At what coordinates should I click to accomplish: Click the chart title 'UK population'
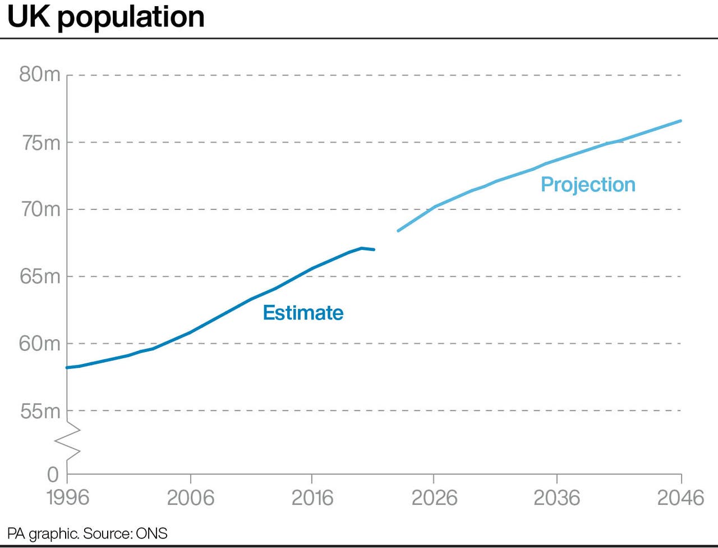coord(106,17)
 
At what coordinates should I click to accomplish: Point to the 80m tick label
coord(40,74)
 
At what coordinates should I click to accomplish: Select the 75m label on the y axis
coord(40,143)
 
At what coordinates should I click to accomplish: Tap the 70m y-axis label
coord(40,209)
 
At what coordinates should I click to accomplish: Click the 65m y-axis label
coord(40,276)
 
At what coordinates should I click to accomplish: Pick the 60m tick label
coord(40,343)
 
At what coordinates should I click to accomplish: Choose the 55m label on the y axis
coord(40,411)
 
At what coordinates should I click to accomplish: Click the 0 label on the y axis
coord(53,474)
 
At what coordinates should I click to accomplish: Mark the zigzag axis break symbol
coord(67,441)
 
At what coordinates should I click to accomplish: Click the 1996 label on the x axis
coord(68,497)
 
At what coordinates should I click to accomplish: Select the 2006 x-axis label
coord(191,497)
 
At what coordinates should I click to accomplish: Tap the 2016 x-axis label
coord(312,497)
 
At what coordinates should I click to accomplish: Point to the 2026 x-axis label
coord(434,497)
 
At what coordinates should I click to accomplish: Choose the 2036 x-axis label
coord(556,497)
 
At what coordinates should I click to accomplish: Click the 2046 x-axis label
coord(680,497)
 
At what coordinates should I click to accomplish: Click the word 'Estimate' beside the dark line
coord(303,313)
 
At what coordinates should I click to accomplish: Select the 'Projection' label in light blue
coord(588,185)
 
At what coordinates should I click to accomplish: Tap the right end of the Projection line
coord(680,121)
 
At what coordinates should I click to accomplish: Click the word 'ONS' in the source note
coord(151,533)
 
